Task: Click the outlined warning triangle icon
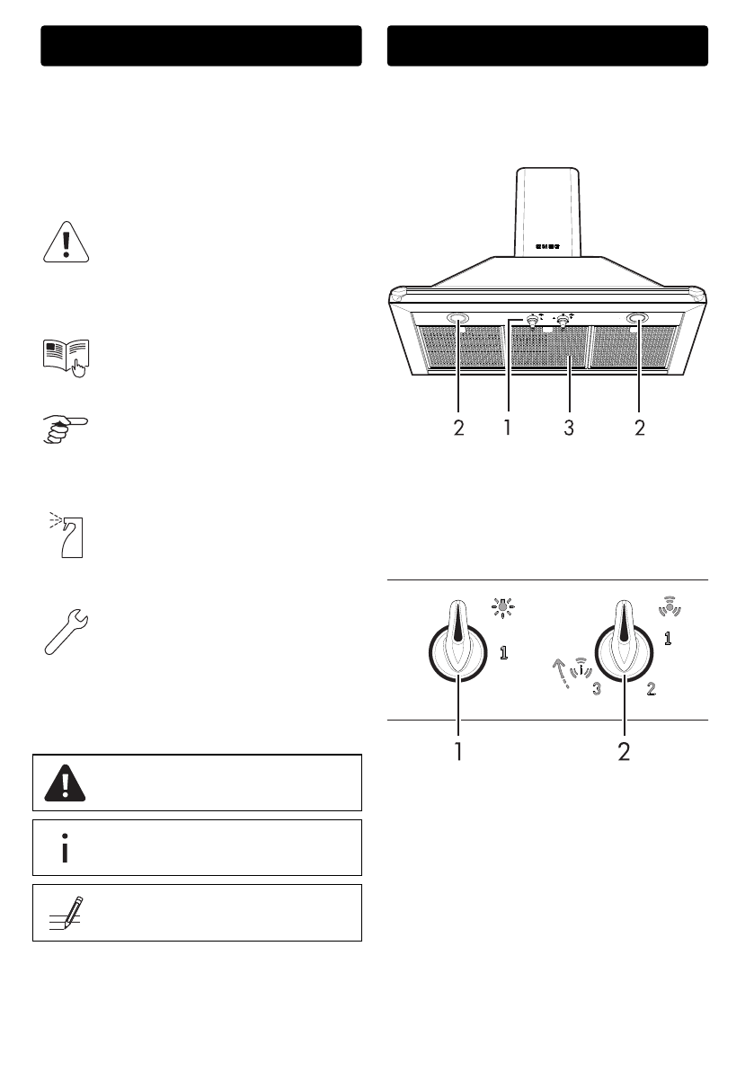pyautogui.click(x=67, y=243)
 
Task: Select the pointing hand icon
pyautogui.click(x=66, y=430)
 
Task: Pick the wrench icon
pyautogui.click(x=67, y=632)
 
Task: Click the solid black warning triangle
pyautogui.click(x=65, y=783)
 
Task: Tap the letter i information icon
pyautogui.click(x=65, y=848)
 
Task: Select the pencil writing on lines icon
pyautogui.click(x=67, y=913)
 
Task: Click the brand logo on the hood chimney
pyautogui.click(x=547, y=246)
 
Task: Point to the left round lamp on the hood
pyautogui.click(x=457, y=319)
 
